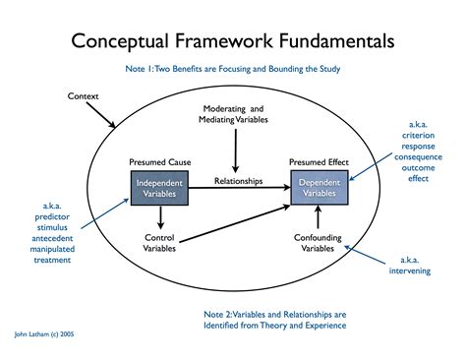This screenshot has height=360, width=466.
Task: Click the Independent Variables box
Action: [x=158, y=187]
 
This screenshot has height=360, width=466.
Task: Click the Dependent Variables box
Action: [x=320, y=187]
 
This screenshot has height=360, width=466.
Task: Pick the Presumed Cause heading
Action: [x=158, y=160]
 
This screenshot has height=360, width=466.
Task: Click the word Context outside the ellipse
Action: [x=85, y=95]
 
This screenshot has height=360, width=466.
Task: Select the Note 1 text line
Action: [x=233, y=70]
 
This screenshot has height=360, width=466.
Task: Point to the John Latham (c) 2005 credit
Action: [x=45, y=334]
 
